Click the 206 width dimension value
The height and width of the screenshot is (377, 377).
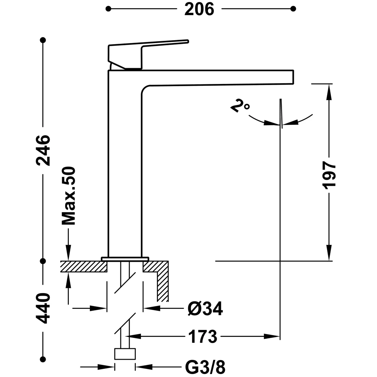(x=199, y=9)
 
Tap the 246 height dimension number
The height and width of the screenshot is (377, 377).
(x=43, y=150)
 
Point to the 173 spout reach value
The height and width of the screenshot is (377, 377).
(x=203, y=336)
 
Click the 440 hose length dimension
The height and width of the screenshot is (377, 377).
(x=43, y=308)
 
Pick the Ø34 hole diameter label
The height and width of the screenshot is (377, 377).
(x=205, y=309)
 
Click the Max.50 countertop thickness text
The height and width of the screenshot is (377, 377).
(x=68, y=195)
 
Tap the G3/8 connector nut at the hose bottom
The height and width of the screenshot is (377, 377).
(x=125, y=354)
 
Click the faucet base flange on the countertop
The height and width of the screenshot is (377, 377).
(x=125, y=259)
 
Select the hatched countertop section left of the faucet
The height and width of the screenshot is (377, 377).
(x=83, y=266)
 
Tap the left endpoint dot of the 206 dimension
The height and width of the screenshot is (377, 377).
(x=108, y=8)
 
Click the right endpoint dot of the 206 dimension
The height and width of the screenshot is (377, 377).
(x=293, y=8)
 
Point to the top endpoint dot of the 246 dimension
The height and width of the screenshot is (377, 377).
(x=43, y=40)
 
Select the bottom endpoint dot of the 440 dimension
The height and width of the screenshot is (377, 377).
(x=43, y=359)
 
